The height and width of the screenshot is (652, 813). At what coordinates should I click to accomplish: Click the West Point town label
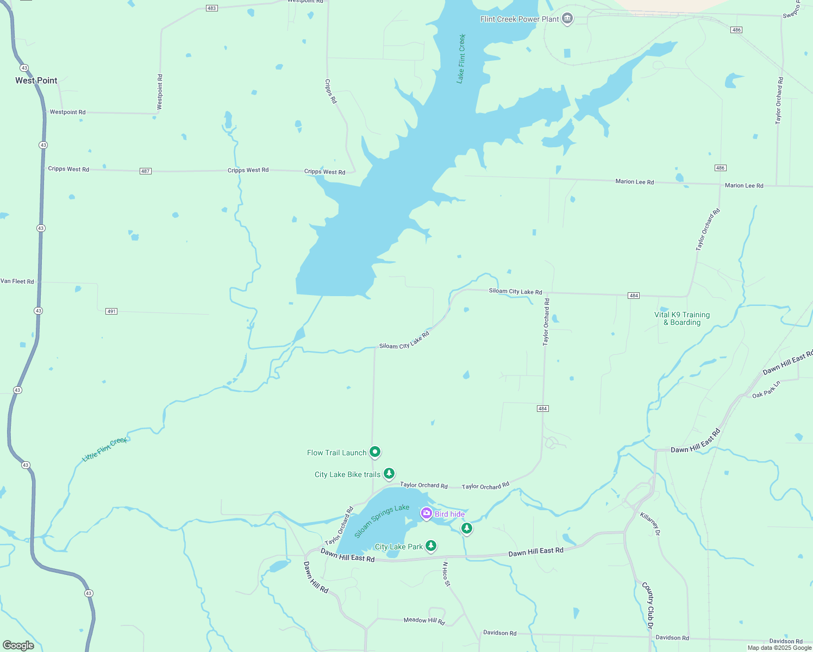tap(36, 80)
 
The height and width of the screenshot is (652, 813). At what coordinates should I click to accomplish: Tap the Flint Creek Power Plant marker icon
tap(567, 19)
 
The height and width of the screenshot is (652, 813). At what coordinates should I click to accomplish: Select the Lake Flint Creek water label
tap(461, 59)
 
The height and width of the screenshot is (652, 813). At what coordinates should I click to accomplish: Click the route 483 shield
tap(212, 8)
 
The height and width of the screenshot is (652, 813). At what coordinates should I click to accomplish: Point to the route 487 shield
tap(145, 171)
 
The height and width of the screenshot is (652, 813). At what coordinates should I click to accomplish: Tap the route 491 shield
tap(111, 311)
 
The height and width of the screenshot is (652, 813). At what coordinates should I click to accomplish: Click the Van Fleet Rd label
tap(17, 281)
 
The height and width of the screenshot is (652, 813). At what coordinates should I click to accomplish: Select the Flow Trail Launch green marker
tap(375, 452)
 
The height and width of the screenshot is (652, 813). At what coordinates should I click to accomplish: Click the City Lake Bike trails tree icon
tap(389, 473)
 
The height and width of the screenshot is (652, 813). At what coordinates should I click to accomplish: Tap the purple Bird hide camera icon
tap(427, 513)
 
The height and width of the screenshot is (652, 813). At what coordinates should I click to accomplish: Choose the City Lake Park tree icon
tap(431, 545)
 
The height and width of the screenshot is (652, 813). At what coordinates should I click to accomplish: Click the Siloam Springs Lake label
tap(382, 521)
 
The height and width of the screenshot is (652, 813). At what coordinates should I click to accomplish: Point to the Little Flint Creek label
tap(104, 450)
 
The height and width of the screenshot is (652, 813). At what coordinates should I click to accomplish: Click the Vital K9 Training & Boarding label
tap(682, 318)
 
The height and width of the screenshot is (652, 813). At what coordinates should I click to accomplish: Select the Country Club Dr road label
tap(647, 605)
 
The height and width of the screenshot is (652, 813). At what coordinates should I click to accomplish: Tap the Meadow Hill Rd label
tap(424, 620)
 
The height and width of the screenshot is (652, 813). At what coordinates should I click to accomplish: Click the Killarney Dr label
tap(650, 524)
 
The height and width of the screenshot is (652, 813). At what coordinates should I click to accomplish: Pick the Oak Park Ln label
tap(766, 390)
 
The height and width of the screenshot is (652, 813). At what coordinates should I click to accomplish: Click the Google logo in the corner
tap(18, 645)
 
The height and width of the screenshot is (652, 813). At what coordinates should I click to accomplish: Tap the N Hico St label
tap(446, 574)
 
